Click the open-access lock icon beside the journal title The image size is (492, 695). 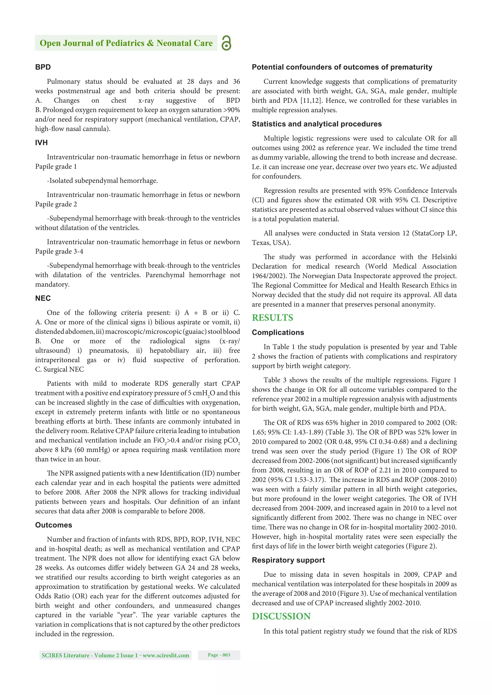226,43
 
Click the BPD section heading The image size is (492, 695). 43,67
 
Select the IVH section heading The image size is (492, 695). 41,143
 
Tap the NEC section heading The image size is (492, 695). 43,298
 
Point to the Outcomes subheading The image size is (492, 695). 53,525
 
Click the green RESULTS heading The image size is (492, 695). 272,318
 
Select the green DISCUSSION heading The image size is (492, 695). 281,616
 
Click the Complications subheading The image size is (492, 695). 278,332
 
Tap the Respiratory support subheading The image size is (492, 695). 288,560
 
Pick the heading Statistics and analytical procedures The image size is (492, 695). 317,124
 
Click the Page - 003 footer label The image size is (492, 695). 219,655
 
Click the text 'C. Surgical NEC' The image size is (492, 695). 59,369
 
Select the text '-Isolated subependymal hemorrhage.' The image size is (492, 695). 102,181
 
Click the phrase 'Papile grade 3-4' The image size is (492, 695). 59,251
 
